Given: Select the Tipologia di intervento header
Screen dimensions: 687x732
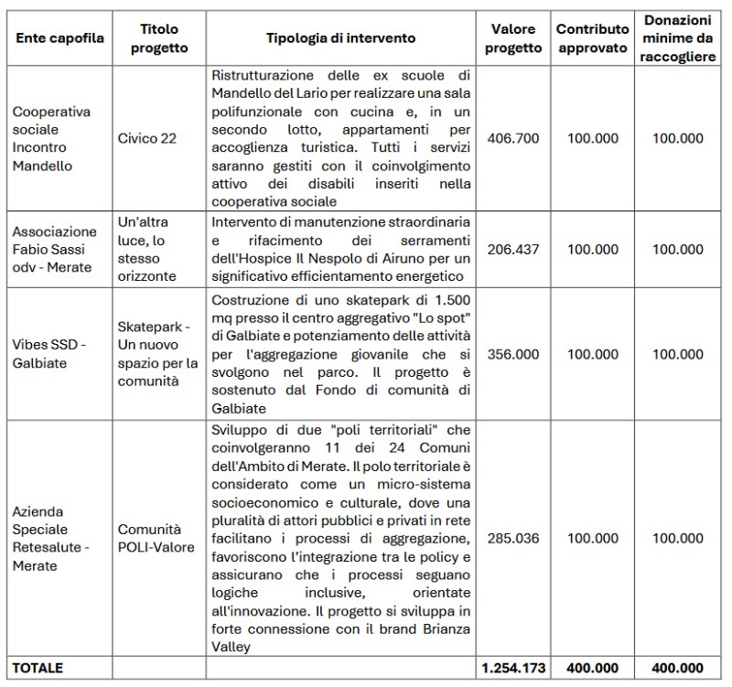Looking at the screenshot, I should tap(340, 38).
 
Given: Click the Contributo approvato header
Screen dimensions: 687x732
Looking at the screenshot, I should tap(593, 38).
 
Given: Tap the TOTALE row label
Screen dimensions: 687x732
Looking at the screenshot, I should tap(38, 668).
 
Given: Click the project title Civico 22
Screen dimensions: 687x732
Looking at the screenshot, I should tap(146, 138).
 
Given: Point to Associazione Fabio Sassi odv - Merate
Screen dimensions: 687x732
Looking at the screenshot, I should tap(55, 249).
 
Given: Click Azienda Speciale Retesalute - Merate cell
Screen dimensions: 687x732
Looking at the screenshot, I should tap(53, 538).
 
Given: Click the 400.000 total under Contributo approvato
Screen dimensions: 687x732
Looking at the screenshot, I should tap(593, 668).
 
